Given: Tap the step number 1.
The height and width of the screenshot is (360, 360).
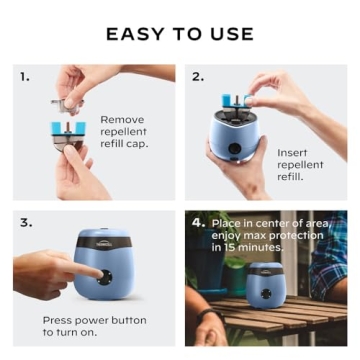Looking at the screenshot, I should click(x=24, y=76).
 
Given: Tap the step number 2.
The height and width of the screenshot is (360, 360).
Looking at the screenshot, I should click(x=197, y=76).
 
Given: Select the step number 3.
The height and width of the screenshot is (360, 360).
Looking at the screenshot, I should click(x=24, y=222).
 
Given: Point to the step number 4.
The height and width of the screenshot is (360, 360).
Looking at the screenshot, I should click(x=198, y=221).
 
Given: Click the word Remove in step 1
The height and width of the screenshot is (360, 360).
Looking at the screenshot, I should click(x=121, y=119).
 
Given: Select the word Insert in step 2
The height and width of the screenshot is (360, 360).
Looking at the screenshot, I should click(x=293, y=152).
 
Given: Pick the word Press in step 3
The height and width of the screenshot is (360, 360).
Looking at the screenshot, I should click(x=59, y=320).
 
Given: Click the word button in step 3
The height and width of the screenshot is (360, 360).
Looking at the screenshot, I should click(x=126, y=320).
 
